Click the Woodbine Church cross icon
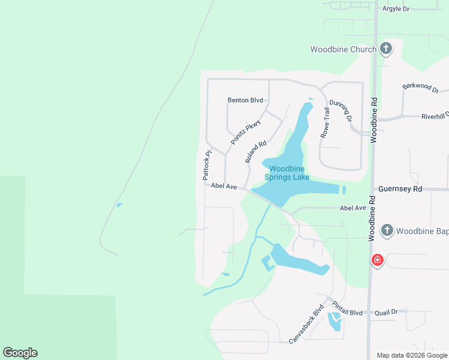(386, 49)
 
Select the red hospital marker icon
(377, 260)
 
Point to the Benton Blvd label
(246, 100)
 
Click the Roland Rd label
(256, 152)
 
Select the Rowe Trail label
(325, 124)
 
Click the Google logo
(20, 353)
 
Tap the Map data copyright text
(411, 355)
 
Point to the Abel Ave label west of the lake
(224, 186)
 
